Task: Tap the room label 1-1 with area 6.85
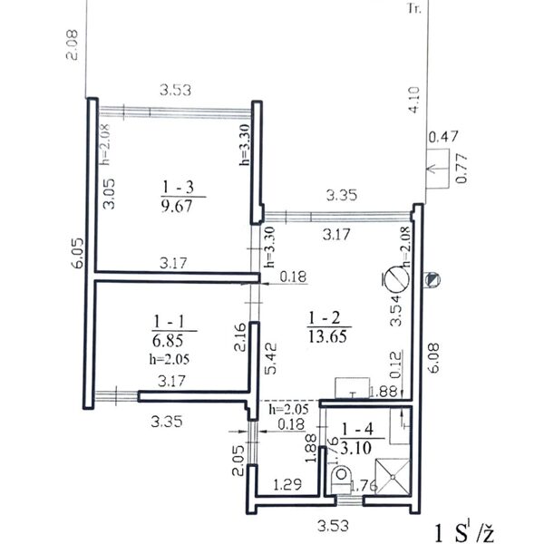point(170,330)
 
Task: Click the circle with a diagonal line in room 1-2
point(393,278)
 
